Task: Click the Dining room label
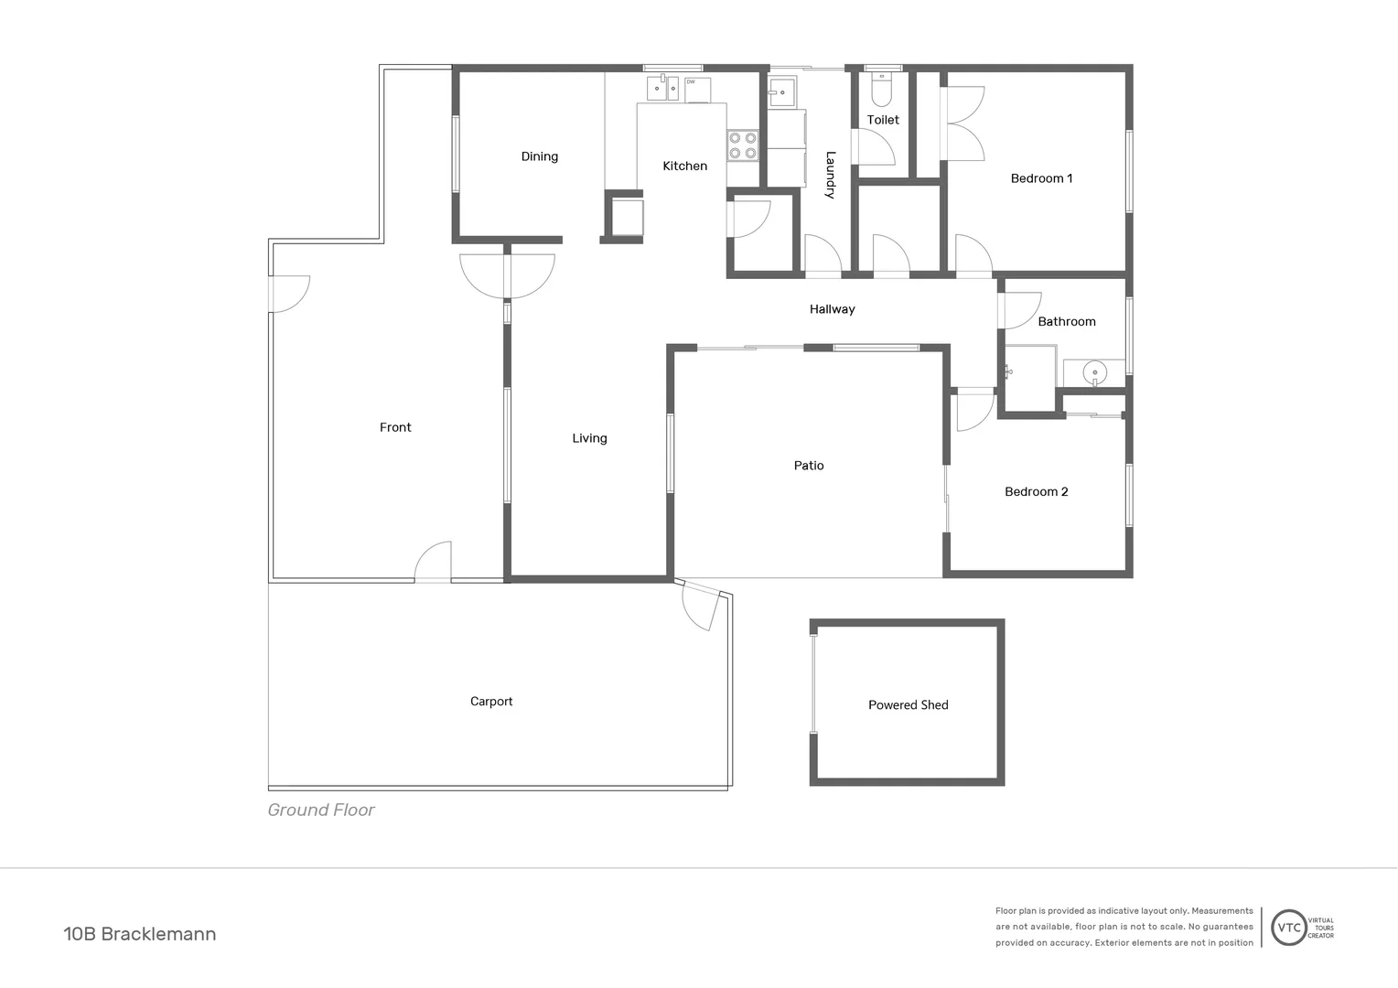(x=540, y=156)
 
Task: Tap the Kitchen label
(x=684, y=166)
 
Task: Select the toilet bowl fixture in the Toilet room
(x=882, y=91)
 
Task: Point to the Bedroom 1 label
(x=1041, y=178)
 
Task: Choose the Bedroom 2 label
(x=1036, y=491)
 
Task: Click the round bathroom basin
(x=1093, y=372)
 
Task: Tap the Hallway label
(x=832, y=309)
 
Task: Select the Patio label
(x=809, y=466)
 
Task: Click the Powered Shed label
(x=908, y=704)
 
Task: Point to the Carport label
(x=491, y=702)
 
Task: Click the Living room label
(x=589, y=438)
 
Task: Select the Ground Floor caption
(x=321, y=810)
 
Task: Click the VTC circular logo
(x=1289, y=928)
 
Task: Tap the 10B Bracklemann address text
(x=140, y=934)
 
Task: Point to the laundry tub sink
(x=782, y=92)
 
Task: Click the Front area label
(x=395, y=427)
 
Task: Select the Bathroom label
(x=1066, y=321)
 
